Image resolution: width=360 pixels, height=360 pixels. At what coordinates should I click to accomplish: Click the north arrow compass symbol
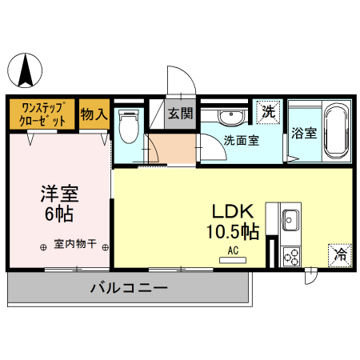coord(27,69)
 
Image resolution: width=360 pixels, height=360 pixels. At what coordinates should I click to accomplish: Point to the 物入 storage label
coord(94,114)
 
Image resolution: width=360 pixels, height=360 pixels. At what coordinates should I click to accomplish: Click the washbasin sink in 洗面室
coord(230,115)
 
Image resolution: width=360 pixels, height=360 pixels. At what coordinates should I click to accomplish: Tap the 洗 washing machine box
coord(269,112)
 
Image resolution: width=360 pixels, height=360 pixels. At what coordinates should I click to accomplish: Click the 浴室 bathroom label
coord(304,133)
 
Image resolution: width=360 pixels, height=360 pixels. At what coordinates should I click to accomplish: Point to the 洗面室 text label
coord(241,140)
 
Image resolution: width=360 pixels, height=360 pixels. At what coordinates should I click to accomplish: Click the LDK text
coord(232,212)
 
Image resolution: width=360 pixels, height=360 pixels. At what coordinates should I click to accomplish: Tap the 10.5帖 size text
coord(233,232)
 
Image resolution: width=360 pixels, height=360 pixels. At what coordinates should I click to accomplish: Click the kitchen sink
coord(290,219)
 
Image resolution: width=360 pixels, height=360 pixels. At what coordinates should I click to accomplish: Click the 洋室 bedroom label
coord(59,195)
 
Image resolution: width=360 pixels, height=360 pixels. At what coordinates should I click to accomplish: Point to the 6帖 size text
coord(59,214)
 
